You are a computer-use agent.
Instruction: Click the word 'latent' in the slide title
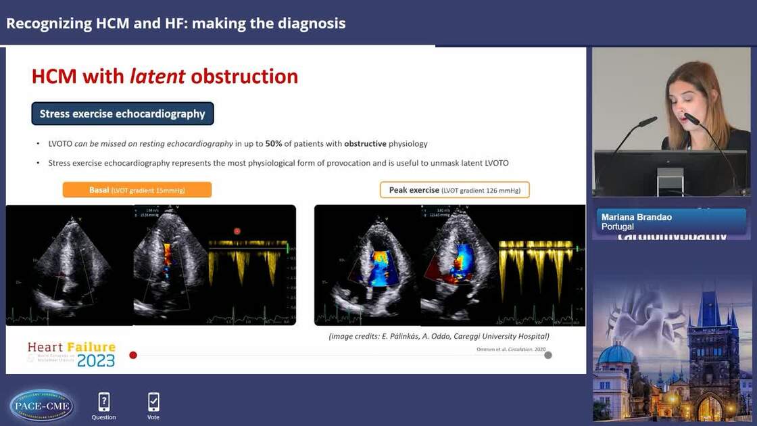coord(157,76)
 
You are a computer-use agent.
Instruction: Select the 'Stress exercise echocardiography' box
coord(122,114)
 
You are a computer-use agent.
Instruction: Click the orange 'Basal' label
coord(137,190)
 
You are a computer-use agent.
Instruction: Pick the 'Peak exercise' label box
coord(454,190)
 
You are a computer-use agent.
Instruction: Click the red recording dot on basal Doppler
coord(237,231)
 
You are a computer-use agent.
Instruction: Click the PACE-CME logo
coord(42,405)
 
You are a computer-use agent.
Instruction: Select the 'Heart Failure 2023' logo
coord(72,354)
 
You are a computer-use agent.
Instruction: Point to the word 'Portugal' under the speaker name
coord(618,227)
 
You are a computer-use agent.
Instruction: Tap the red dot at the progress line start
coord(133,355)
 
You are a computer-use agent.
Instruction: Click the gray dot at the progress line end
coord(548,355)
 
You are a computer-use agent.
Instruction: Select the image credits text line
coord(439,336)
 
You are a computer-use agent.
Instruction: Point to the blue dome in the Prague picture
coord(614,353)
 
